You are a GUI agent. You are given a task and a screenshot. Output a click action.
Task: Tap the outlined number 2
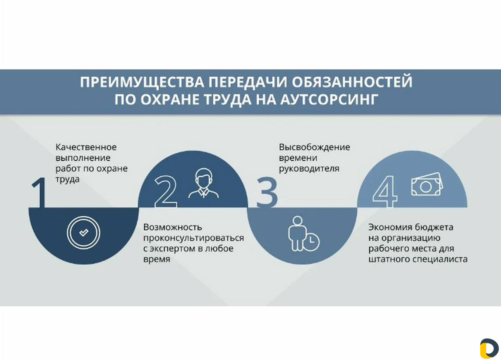tap(166, 192)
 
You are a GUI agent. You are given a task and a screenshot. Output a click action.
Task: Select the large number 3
tap(267, 192)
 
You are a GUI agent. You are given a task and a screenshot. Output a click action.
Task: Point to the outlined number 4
tap(385, 192)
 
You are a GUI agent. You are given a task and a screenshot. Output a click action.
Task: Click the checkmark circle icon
tap(83, 232)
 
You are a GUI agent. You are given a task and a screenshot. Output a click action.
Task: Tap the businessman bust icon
tap(203, 184)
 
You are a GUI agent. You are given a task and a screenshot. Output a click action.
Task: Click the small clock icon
tap(311, 242)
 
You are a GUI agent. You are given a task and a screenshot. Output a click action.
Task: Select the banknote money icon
tap(427, 184)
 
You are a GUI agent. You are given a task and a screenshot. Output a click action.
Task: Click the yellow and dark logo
tap(489, 348)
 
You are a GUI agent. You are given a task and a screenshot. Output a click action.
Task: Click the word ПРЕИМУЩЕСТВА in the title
tap(142, 82)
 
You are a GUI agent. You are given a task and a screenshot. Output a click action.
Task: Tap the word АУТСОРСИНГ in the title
tap(330, 99)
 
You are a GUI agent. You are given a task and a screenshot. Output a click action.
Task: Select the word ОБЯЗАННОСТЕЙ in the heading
tap(352, 82)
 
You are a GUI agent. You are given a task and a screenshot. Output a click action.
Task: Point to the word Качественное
tap(86, 147)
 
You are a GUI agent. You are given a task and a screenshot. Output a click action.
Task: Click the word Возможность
tap(173, 227)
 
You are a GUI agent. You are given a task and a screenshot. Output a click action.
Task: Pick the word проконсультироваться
tap(194, 238)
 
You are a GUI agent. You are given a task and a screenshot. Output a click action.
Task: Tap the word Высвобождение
tap(314, 147)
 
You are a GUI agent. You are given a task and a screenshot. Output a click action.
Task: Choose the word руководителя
tap(309, 169)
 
